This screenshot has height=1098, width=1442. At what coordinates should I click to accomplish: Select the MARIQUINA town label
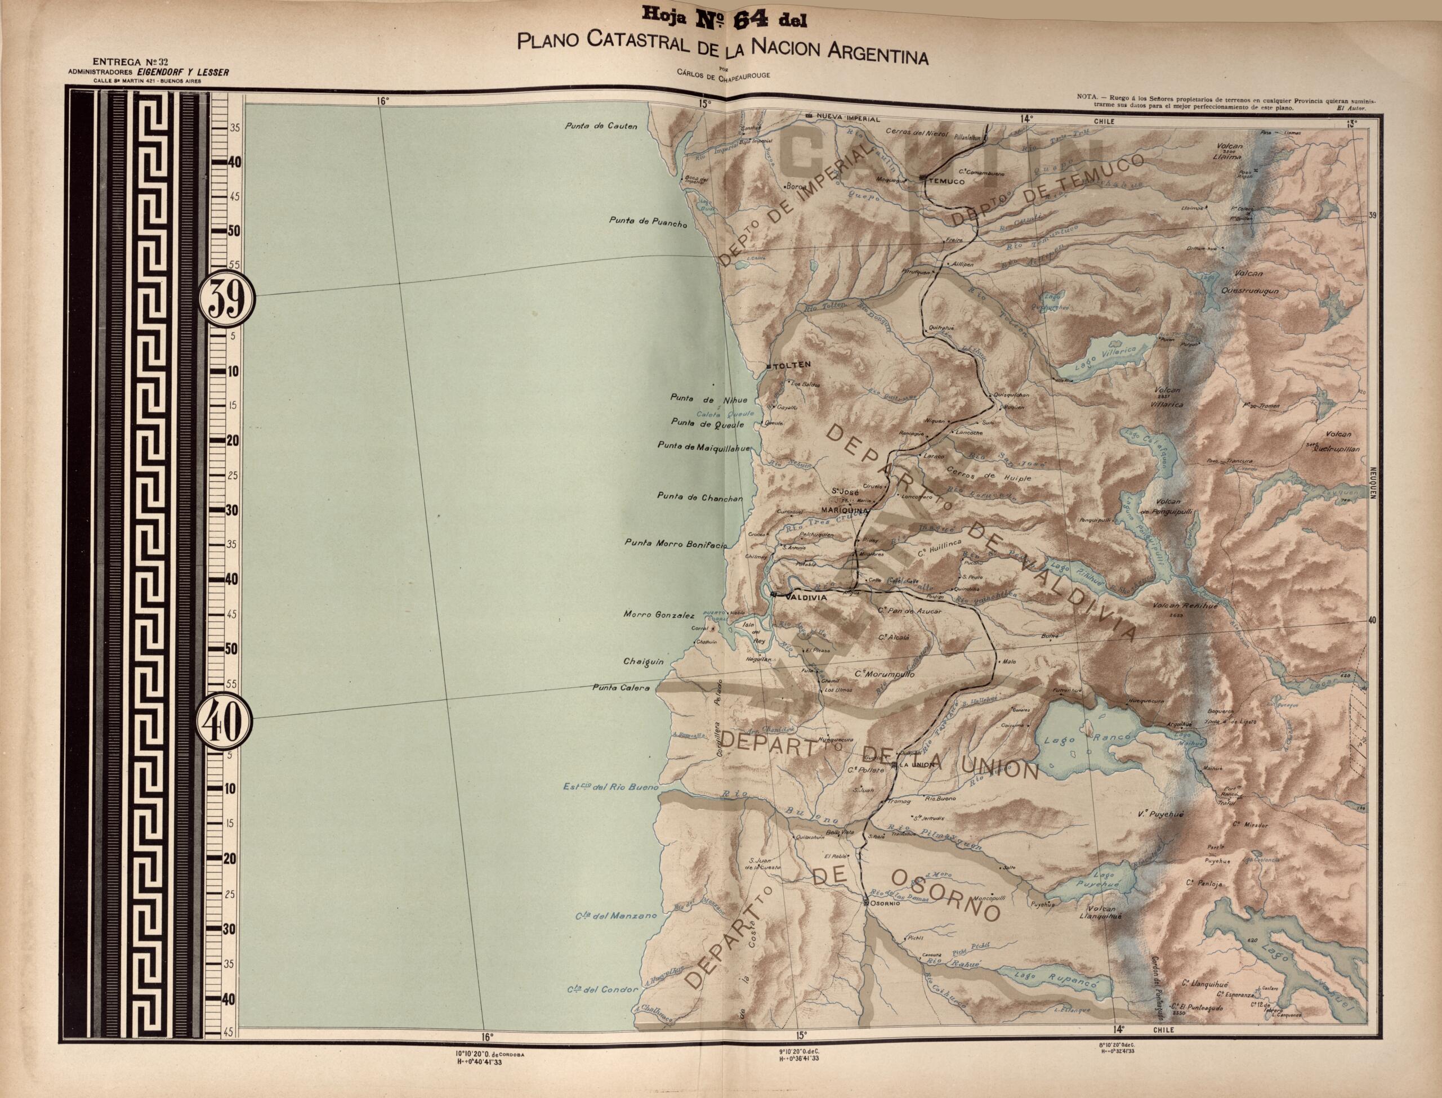point(844,510)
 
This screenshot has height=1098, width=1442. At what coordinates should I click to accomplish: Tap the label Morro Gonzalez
point(659,615)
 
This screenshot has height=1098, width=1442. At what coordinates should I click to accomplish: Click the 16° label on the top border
point(382,101)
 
